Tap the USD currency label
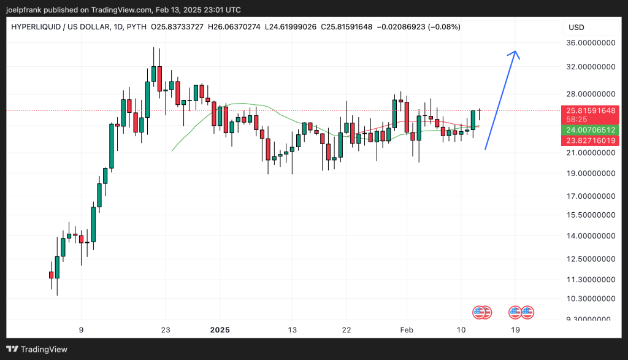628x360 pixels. [576, 28]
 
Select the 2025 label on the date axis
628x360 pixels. [220, 330]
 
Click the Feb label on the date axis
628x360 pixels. [405, 330]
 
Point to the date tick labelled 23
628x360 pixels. [165, 330]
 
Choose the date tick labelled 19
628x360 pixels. [516, 330]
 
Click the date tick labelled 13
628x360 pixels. [292, 330]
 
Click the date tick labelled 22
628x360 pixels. [347, 330]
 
